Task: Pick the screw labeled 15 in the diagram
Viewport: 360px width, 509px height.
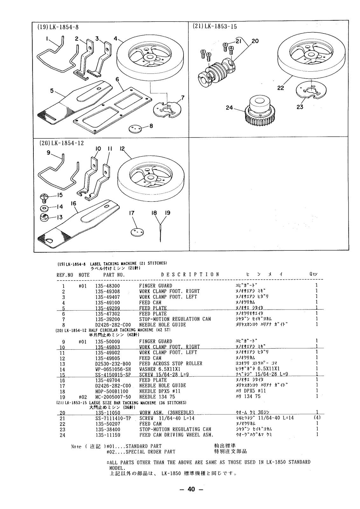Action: coord(44,198)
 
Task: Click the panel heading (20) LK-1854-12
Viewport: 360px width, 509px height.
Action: coord(61,143)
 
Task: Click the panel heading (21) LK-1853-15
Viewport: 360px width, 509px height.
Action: coord(215,26)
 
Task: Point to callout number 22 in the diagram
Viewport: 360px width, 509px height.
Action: coord(280,88)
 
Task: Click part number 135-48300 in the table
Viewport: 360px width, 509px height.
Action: coord(107,286)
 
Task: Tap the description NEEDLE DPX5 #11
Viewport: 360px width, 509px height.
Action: coord(160,391)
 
